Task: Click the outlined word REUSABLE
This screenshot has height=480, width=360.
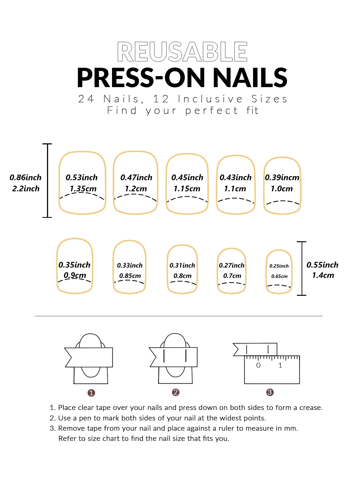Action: (182, 52)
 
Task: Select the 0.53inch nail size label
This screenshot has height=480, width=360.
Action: (82, 177)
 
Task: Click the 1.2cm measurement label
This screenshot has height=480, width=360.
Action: (136, 189)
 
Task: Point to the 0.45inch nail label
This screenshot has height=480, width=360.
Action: (187, 177)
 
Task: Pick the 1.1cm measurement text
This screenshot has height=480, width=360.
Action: (235, 189)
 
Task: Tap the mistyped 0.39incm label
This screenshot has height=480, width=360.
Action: (282, 177)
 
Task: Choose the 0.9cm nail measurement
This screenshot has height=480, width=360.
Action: (75, 275)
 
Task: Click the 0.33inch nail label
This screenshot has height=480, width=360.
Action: (130, 265)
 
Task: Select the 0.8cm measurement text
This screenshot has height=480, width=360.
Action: (182, 276)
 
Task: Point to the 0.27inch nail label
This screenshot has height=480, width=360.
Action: (232, 265)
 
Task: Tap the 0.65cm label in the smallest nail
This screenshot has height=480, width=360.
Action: (279, 276)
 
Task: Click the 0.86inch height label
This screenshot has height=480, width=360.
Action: (26, 177)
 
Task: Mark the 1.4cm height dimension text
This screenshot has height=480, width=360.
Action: (323, 275)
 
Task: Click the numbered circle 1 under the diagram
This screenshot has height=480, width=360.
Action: (91, 393)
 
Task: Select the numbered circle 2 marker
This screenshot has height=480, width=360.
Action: (176, 392)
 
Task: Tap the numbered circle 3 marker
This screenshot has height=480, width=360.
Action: (270, 392)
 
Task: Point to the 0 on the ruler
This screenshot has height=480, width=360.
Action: (258, 365)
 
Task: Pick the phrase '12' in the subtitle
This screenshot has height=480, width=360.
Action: (161, 99)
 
